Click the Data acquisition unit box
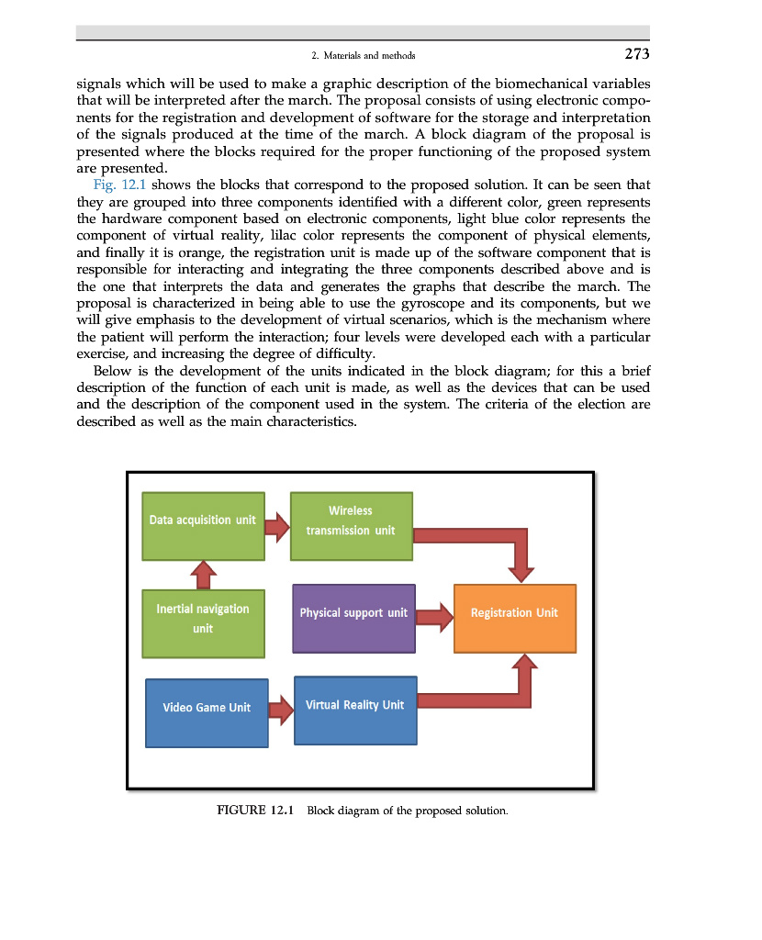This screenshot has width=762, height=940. pos(203,526)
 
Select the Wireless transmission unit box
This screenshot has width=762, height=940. pos(351,526)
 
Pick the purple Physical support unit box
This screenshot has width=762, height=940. pos(353,618)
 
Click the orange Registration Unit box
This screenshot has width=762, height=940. pos(514,618)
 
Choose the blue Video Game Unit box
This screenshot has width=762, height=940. pos(207,712)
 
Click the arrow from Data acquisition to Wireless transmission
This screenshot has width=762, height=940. pos(276,527)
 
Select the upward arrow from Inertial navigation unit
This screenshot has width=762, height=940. pos(203,575)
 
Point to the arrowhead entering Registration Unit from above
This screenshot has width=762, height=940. pos(522,572)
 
